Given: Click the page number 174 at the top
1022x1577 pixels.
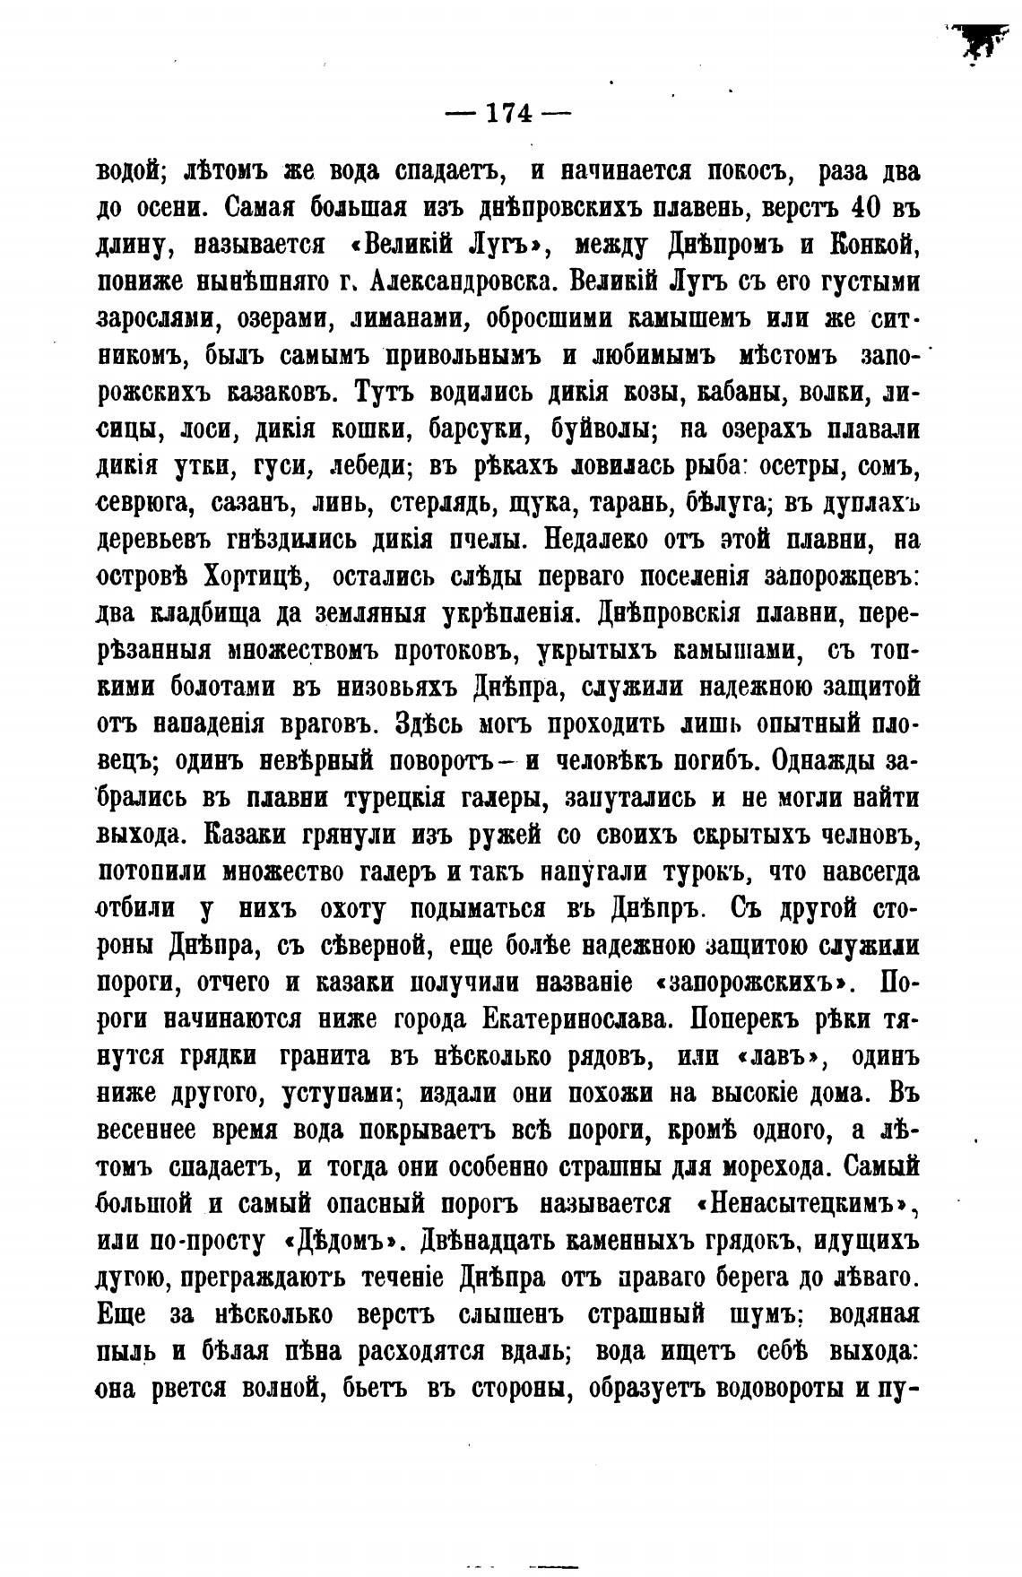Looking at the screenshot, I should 507,113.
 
